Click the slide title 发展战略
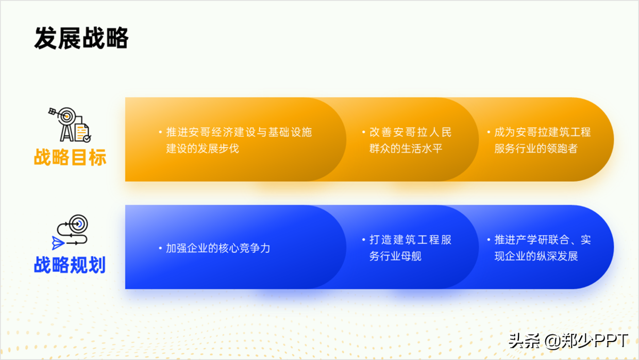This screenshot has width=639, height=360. pyautogui.click(x=81, y=38)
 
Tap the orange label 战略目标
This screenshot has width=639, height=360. pyautogui.click(x=70, y=157)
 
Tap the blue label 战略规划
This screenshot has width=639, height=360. pyautogui.click(x=70, y=265)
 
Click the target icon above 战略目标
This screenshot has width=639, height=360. pyautogui.click(x=70, y=125)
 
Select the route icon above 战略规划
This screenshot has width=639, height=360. pyautogui.click(x=70, y=232)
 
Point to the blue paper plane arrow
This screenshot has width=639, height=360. pyautogui.click(x=58, y=243)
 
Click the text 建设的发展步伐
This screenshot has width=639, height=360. pyautogui.click(x=203, y=148)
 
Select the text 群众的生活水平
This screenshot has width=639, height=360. pyautogui.click(x=406, y=148)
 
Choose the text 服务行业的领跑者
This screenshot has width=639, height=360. pyautogui.click(x=536, y=148)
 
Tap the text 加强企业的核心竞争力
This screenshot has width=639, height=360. pyautogui.click(x=218, y=248)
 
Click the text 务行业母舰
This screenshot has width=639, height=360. pyautogui.click(x=395, y=256)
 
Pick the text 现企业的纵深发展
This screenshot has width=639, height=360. pyautogui.click(x=536, y=256)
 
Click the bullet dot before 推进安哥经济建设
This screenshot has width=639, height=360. pyautogui.click(x=160, y=132)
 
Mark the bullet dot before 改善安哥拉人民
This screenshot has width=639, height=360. pyautogui.click(x=363, y=132)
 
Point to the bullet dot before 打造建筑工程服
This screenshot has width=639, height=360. pyautogui.click(x=363, y=239)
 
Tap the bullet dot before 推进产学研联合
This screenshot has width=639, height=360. pyautogui.click(x=489, y=239)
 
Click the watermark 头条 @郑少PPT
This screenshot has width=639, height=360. pyautogui.click(x=568, y=341)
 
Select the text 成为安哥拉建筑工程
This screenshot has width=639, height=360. pyautogui.click(x=543, y=132)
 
